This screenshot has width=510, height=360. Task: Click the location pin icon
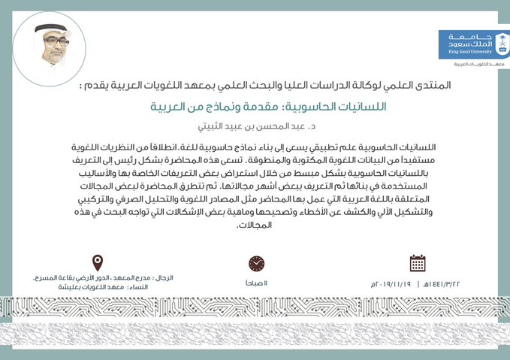tap(97, 263)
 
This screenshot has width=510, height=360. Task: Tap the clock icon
tap(257, 264)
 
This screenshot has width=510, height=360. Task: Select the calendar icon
tap(418, 263)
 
